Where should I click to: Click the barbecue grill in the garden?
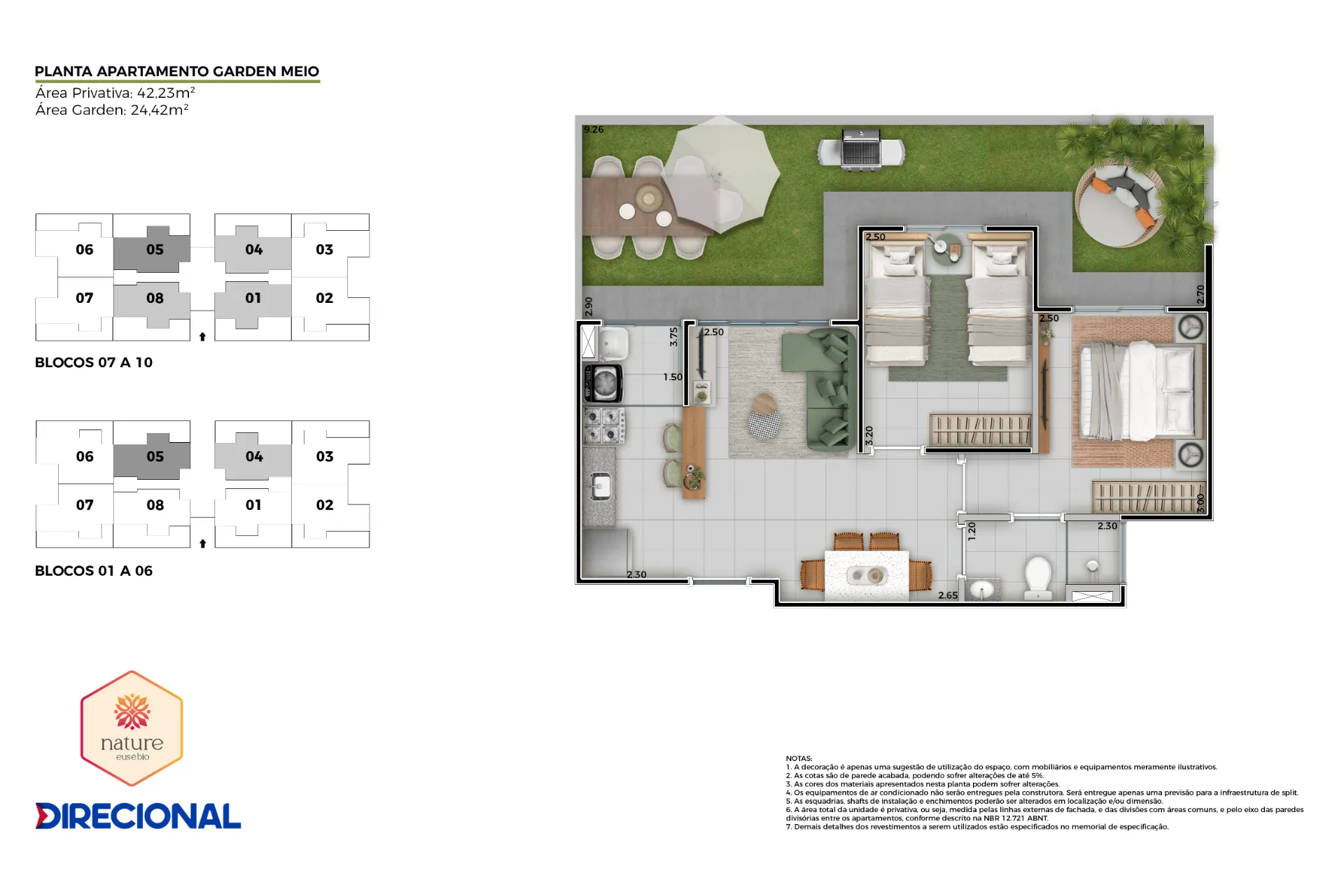click(x=861, y=150)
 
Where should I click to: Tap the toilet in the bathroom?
click(x=1037, y=578)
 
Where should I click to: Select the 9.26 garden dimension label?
click(x=594, y=129)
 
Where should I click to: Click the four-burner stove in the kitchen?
click(x=605, y=425)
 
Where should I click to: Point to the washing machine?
click(x=603, y=383)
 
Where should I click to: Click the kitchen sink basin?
click(x=600, y=485)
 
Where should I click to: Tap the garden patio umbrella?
click(x=721, y=175)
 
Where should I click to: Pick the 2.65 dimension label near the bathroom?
click(x=948, y=595)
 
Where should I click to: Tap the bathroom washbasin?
click(x=983, y=590)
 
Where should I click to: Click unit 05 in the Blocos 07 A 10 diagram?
click(x=155, y=250)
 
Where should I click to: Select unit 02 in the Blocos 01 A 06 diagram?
click(x=324, y=505)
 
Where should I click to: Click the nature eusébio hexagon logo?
click(x=132, y=727)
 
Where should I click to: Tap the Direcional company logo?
click(x=138, y=816)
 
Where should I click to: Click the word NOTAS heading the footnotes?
click(x=799, y=758)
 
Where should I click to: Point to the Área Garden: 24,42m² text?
click(x=112, y=110)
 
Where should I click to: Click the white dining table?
click(x=867, y=576)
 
